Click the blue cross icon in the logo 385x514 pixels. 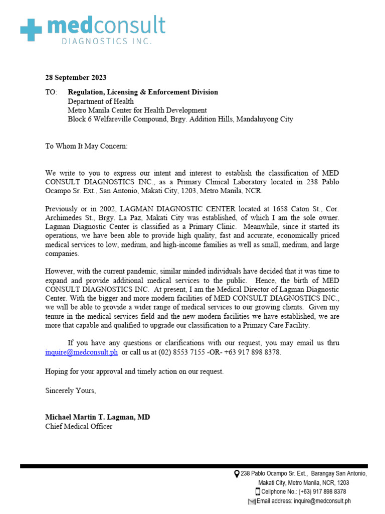(31, 30)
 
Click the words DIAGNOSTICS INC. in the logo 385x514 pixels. (106, 42)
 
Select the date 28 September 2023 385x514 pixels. (76, 78)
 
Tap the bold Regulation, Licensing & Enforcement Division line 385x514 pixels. (143, 92)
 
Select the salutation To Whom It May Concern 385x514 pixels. (86, 146)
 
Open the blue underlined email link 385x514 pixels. (82, 352)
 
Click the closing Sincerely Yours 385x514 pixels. (70, 391)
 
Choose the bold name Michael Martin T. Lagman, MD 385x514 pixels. (97, 418)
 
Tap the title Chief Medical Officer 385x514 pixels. (79, 427)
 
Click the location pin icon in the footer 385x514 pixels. (237, 474)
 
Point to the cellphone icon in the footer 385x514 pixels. (258, 492)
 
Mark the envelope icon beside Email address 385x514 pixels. (252, 501)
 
